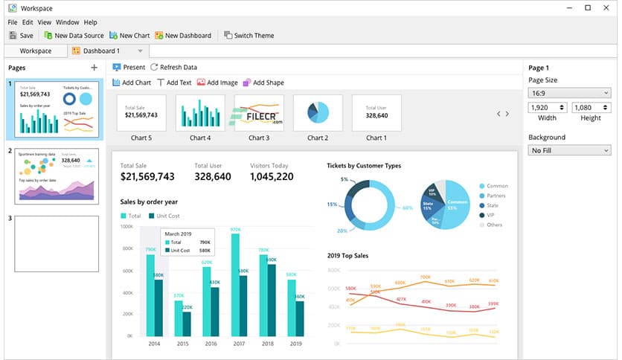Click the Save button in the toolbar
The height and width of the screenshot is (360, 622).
pyautogui.click(x=21, y=35)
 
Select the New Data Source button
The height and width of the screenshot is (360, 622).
pyautogui.click(x=73, y=35)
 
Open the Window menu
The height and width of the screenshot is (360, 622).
pyautogui.click(x=67, y=22)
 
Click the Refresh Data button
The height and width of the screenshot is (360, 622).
pyautogui.click(x=173, y=67)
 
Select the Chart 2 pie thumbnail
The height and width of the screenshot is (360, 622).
pyautogui.click(x=318, y=113)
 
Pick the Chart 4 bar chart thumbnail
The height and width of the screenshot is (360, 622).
pyautogui.click(x=200, y=113)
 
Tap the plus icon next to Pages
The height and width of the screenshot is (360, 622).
pyautogui.click(x=94, y=68)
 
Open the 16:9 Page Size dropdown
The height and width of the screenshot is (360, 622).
pyautogui.click(x=569, y=93)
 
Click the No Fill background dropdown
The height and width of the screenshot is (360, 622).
pyautogui.click(x=569, y=150)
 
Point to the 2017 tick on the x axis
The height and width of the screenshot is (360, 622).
pyautogui.click(x=240, y=344)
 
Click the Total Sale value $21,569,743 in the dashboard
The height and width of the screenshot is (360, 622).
pyautogui.click(x=147, y=177)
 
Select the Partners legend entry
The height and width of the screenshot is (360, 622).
pyautogui.click(x=497, y=196)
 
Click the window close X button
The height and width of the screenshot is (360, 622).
pyautogui.click(x=607, y=7)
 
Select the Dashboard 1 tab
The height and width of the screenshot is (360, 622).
pyautogui.click(x=101, y=51)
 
